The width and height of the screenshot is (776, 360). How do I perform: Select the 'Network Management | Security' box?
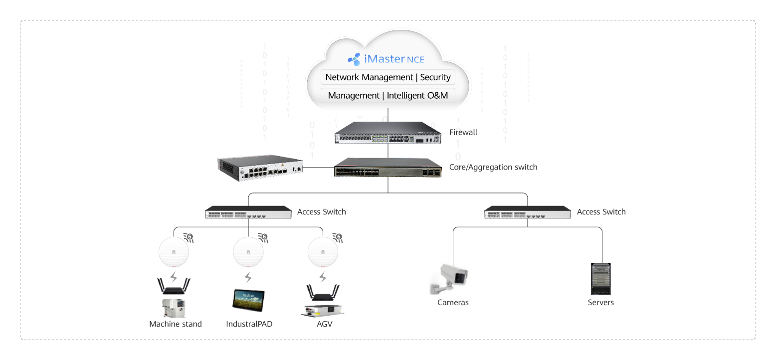[x=388, y=77]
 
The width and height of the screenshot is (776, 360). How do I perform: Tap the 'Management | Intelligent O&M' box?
[x=388, y=95]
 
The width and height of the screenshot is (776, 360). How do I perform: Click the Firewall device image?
[x=388, y=133]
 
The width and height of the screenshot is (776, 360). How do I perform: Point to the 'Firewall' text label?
[x=463, y=132]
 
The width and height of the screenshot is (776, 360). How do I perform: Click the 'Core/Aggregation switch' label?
[x=493, y=167]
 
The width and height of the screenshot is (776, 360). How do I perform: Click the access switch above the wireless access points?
[x=248, y=212]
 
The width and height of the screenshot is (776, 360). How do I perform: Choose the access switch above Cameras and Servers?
[x=528, y=212]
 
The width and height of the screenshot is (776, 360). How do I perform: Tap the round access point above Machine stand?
[x=174, y=253]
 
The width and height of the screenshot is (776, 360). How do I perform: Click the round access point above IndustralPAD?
[x=248, y=253]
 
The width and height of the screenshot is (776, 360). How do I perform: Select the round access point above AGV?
[x=323, y=253]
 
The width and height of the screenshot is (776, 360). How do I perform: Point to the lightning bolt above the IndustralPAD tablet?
[x=248, y=277]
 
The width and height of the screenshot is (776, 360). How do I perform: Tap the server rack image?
[x=600, y=279]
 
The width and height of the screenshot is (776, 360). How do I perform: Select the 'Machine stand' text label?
[x=176, y=324]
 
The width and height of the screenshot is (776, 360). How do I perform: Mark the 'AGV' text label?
[x=324, y=324]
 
